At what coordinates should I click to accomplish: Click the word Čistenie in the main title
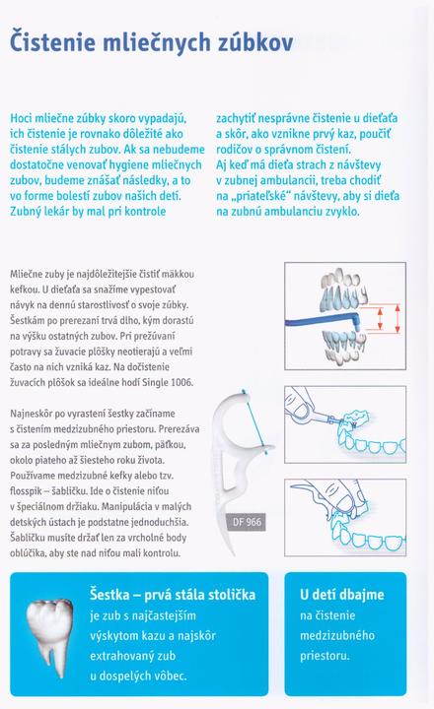click(x=52, y=42)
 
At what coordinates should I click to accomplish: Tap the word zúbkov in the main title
click(x=255, y=42)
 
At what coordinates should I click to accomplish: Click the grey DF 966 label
click(x=247, y=522)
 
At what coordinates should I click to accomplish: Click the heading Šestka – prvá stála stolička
click(x=173, y=594)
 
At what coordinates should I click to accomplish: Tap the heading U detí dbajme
click(x=341, y=594)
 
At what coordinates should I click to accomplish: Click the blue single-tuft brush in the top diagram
click(x=323, y=321)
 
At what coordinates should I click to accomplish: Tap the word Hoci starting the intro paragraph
click(x=23, y=118)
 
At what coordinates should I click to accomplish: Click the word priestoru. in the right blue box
click(x=325, y=656)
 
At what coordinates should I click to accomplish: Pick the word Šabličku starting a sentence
click(x=28, y=538)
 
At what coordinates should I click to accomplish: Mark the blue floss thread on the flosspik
click(x=255, y=421)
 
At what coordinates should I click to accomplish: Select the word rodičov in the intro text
click(x=233, y=150)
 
